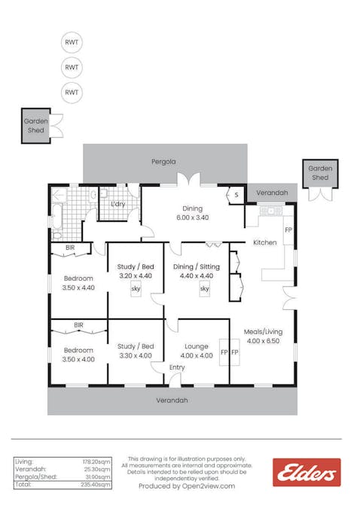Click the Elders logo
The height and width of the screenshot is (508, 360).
point(306,472)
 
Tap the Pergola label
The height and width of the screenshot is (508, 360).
point(163,161)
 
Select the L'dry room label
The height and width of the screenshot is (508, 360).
point(117,204)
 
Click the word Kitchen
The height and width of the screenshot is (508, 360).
point(264,242)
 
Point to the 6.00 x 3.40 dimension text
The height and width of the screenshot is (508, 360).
point(193,217)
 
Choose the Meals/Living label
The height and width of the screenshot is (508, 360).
point(262,331)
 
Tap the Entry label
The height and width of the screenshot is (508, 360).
point(177,367)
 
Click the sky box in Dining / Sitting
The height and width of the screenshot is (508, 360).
point(204,288)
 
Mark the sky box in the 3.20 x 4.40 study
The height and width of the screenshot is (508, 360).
point(136,288)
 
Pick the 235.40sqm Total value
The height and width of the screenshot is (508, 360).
point(96,485)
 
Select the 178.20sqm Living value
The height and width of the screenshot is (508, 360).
point(96,461)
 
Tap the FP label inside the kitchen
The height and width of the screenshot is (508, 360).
point(288,229)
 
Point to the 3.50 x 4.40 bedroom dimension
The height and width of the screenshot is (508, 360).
point(78,287)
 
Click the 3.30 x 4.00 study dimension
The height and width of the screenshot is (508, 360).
point(135,355)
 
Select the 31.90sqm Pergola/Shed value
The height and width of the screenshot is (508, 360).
point(98,477)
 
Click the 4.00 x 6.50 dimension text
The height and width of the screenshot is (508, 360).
point(262,340)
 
